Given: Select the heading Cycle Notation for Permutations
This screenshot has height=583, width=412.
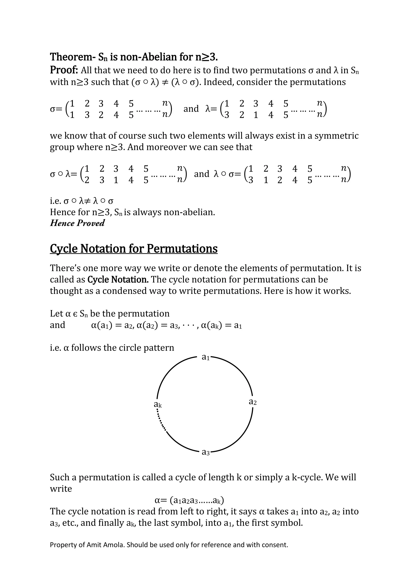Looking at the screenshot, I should point(134,249).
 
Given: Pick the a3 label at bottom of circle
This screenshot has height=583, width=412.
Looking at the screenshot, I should point(205,452).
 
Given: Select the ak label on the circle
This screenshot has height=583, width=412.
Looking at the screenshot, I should point(158,404).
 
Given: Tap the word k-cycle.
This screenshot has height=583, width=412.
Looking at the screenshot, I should point(307,477).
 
